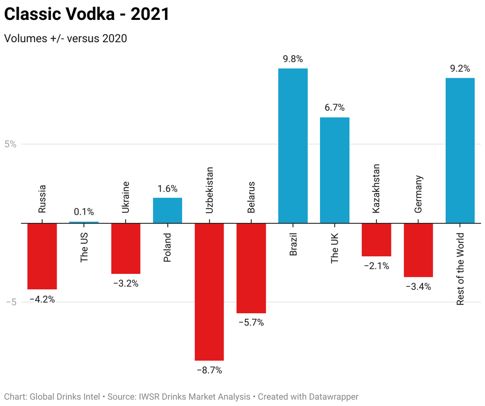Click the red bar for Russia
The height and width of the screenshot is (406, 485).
coord(42,256)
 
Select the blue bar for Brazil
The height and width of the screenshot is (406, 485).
coord(292,146)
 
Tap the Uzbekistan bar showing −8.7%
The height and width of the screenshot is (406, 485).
coord(209,291)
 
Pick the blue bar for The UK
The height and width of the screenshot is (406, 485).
coord(335,170)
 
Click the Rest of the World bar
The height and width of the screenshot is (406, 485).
coord(460,151)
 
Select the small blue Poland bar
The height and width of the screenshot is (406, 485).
coord(167,210)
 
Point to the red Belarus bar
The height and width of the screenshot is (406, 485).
coord(251,268)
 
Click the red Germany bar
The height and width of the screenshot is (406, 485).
coord(418,250)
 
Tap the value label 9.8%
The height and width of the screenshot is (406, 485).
coord(292,59)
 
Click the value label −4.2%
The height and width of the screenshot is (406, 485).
coord(42,300)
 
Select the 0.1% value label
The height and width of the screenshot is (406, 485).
coord(84,212)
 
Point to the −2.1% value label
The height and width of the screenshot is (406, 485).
coord(376,266)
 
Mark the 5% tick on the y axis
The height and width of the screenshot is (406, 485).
coord(11,144)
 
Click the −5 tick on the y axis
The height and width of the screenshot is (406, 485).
coord(12,302)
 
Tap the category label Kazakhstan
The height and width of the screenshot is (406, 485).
coord(376,188)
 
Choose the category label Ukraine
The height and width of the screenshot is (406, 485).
coord(126,197)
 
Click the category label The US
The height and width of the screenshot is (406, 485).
coord(84,247)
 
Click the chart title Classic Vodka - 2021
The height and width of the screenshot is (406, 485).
coord(87,14)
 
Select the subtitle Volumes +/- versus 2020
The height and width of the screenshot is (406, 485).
coord(65,38)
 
